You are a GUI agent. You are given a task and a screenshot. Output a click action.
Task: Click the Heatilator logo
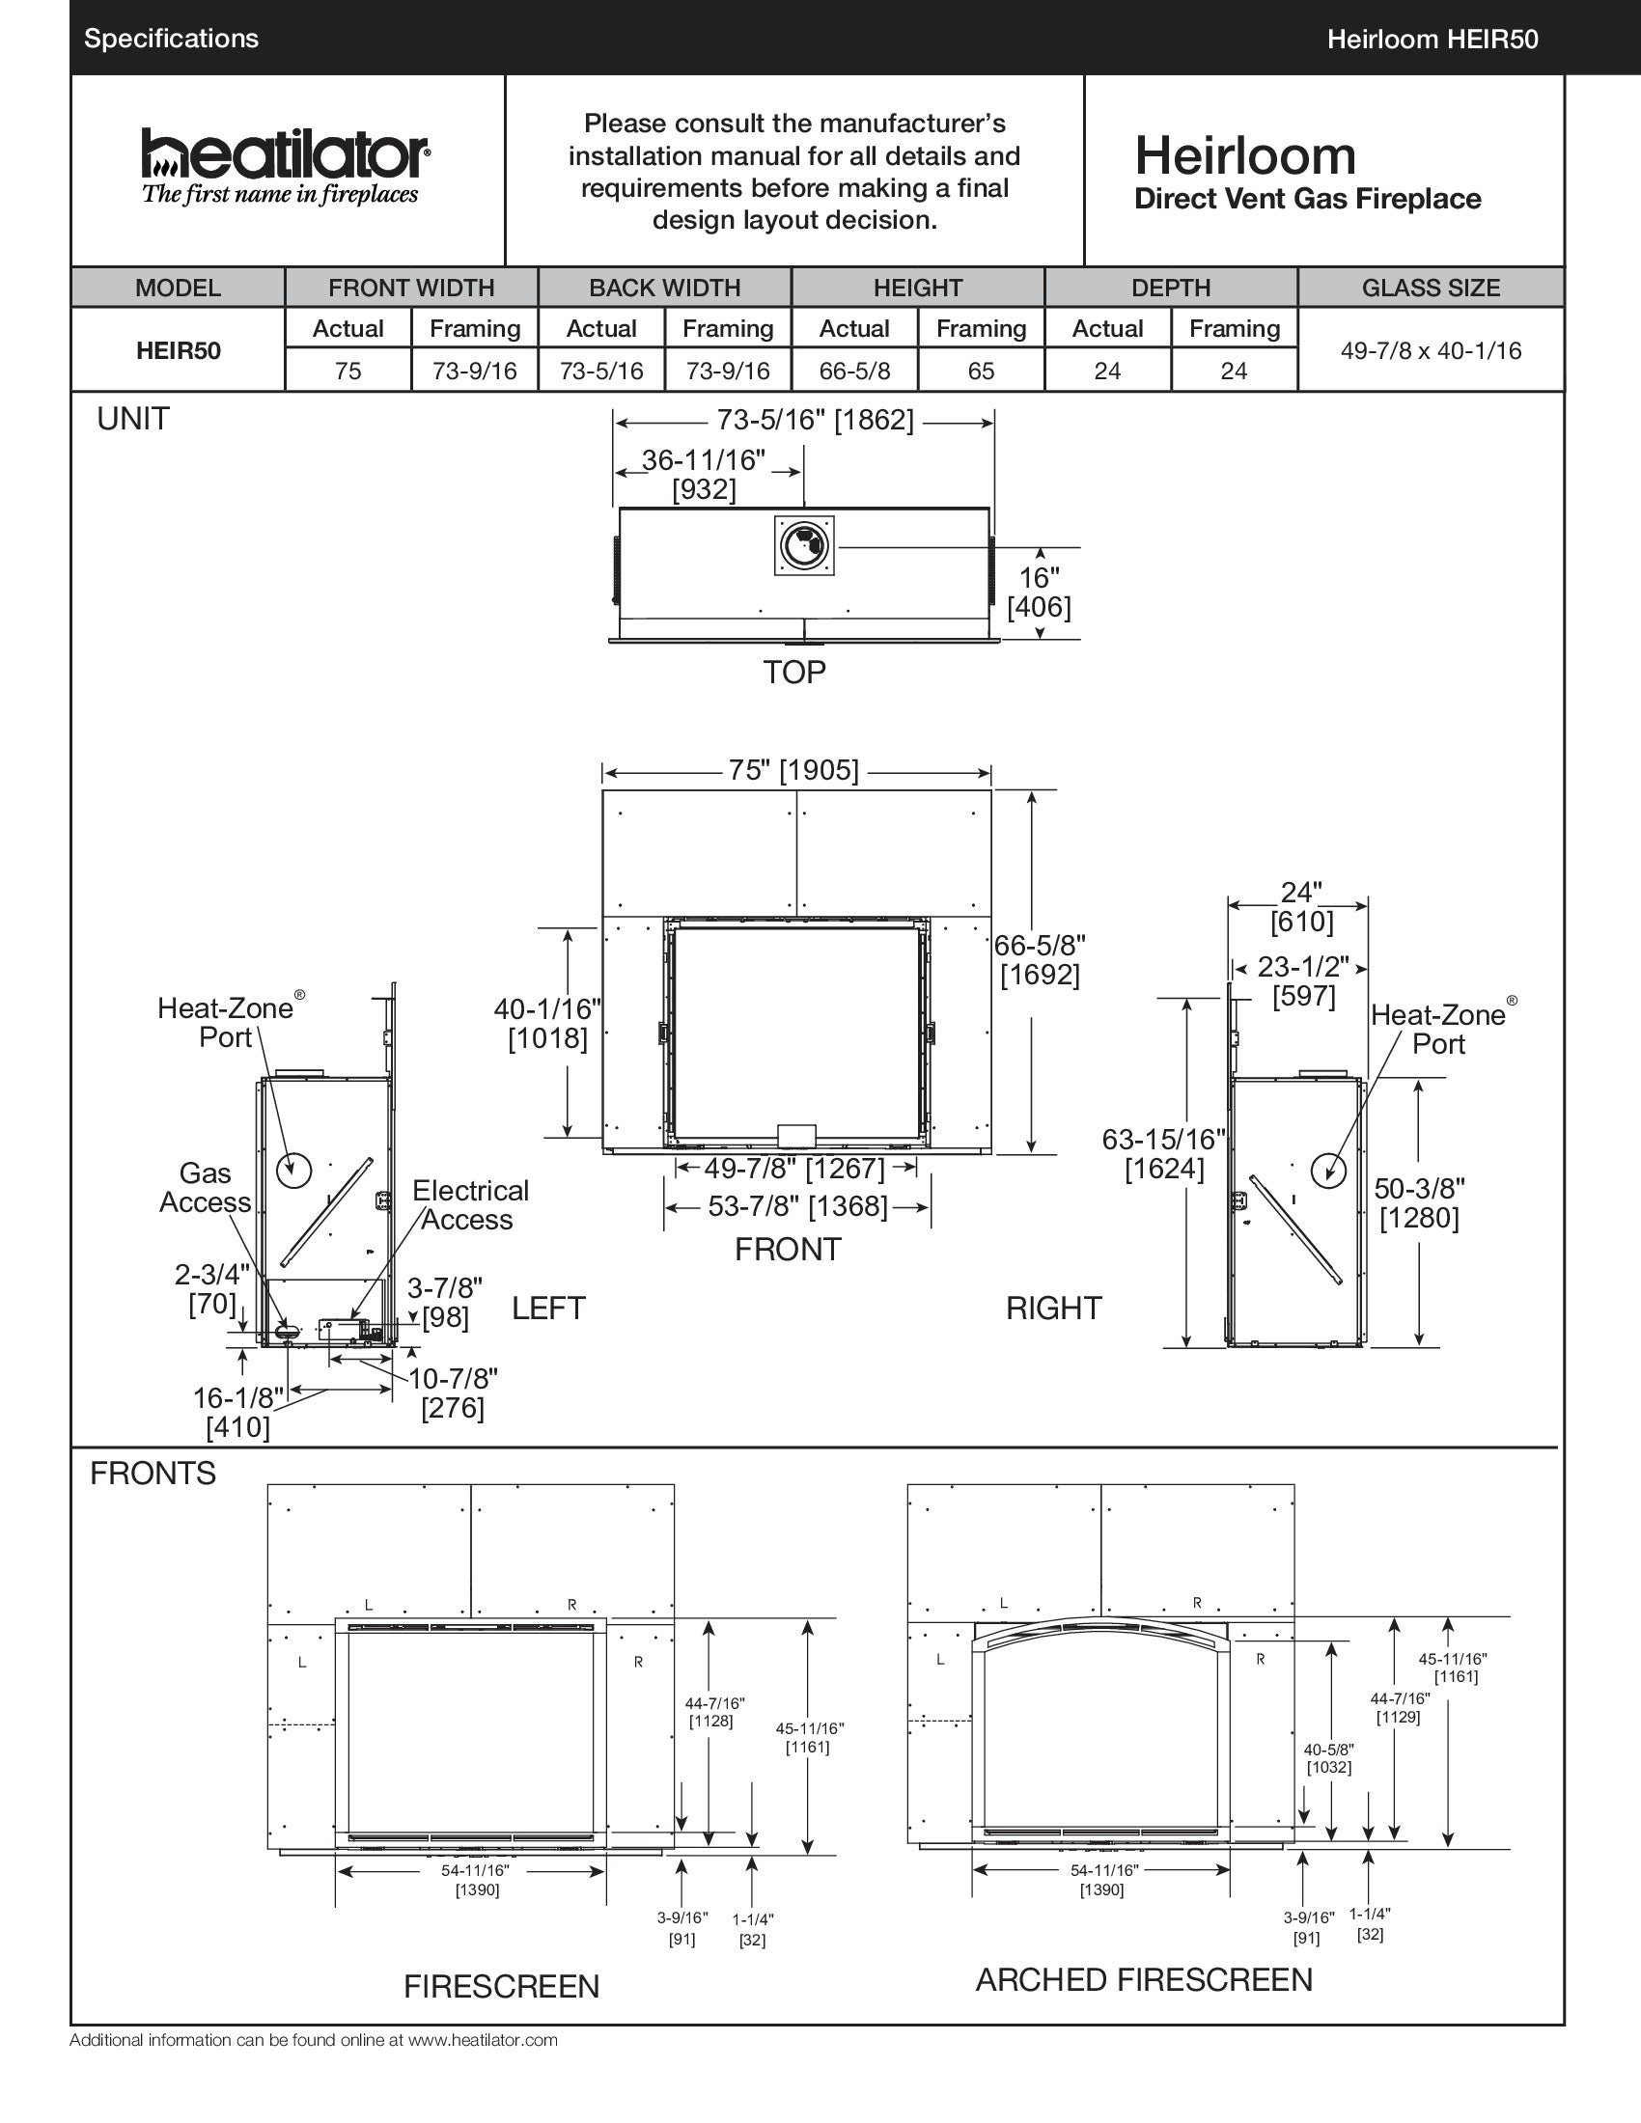(284, 166)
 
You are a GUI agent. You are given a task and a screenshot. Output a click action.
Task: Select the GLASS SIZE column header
(1430, 288)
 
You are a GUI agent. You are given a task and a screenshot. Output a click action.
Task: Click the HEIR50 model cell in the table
(178, 350)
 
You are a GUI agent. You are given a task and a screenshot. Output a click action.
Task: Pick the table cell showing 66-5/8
(853, 371)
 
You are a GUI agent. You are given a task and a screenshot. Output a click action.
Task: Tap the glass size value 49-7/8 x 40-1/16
(1430, 350)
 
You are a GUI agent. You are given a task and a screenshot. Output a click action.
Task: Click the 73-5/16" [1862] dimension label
(815, 420)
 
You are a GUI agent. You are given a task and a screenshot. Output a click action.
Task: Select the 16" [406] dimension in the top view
(1040, 592)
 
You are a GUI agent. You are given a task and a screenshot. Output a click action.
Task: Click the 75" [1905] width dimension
(793, 770)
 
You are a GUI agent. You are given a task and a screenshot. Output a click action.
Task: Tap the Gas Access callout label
(205, 1187)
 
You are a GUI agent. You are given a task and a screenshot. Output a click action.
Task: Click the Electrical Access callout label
(469, 1204)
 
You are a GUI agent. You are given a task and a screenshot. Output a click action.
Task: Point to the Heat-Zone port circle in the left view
(293, 1170)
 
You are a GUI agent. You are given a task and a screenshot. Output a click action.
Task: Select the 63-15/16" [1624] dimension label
(1163, 1153)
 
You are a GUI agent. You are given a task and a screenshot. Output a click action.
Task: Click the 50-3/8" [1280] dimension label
(1418, 1202)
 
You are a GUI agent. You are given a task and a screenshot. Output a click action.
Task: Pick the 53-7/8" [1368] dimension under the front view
(797, 1206)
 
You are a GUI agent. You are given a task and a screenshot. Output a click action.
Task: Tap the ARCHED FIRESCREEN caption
(1143, 1979)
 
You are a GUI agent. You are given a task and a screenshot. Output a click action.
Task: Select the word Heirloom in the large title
(1244, 155)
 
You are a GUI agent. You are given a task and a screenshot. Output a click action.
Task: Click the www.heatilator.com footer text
(483, 2039)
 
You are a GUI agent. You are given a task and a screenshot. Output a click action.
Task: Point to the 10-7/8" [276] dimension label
(453, 1392)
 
